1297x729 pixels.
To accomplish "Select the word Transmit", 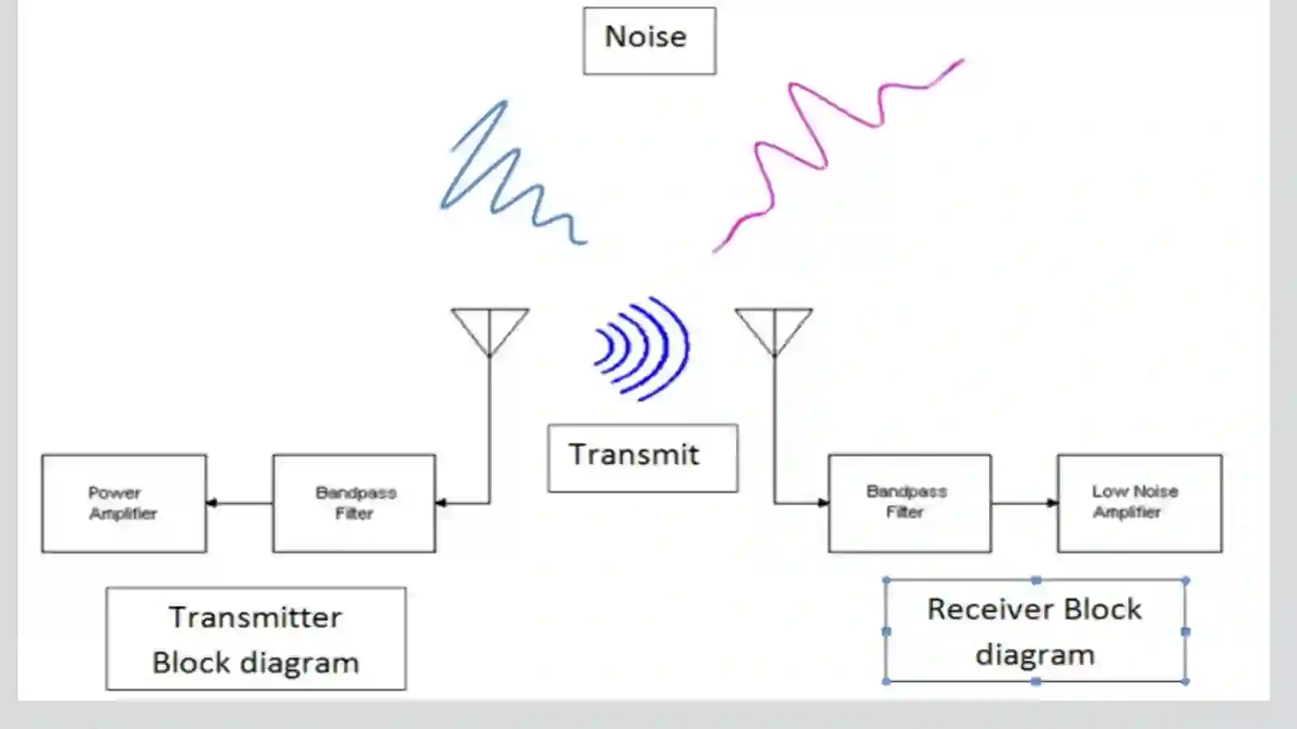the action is pos(634,455).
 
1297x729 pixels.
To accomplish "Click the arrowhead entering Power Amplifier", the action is pos(212,503).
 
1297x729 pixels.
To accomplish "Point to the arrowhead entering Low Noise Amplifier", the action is pos(1052,503).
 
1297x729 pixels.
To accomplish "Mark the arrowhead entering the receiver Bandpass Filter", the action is pos(823,503).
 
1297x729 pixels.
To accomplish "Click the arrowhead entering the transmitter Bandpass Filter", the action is pos(441,503).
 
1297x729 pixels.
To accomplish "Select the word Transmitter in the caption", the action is pos(255,617).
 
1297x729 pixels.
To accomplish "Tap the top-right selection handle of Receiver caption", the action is pos(1185,580).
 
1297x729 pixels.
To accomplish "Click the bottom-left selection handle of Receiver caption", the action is pos(886,681).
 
